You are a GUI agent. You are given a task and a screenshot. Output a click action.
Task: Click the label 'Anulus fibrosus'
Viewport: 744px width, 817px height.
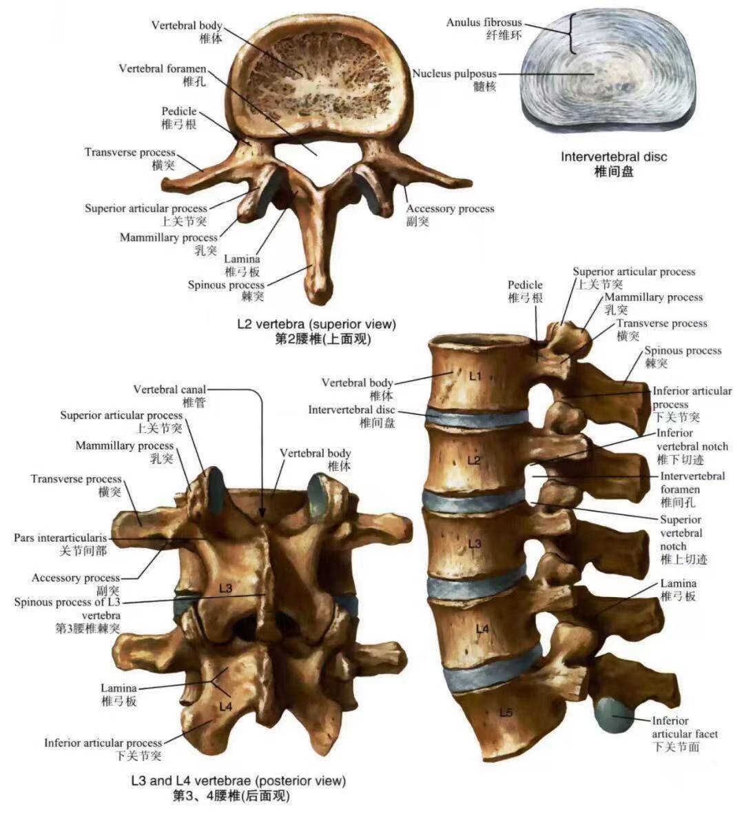[x=484, y=23]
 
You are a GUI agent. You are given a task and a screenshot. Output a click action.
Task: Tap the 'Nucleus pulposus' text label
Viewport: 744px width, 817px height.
[x=454, y=73]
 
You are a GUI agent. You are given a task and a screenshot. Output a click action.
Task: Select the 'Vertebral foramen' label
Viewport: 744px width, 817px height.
[x=162, y=69]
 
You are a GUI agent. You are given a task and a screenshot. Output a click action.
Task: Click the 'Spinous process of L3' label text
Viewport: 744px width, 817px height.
[x=70, y=602]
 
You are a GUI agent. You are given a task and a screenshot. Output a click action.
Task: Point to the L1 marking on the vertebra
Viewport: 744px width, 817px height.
[x=475, y=376]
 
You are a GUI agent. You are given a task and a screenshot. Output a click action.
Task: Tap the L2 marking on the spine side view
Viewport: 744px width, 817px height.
[x=473, y=460]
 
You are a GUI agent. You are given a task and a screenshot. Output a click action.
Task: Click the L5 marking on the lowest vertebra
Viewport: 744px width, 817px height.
[x=505, y=713]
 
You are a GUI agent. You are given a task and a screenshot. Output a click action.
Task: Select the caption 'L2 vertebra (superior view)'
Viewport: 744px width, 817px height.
[x=316, y=323]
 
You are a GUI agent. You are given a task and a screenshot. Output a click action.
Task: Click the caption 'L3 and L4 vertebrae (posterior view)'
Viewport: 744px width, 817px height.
[x=238, y=780]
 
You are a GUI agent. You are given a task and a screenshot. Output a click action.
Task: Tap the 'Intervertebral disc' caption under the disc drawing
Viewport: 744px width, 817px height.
[x=613, y=157]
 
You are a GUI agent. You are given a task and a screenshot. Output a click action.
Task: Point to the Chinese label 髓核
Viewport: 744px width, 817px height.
[x=485, y=86]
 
